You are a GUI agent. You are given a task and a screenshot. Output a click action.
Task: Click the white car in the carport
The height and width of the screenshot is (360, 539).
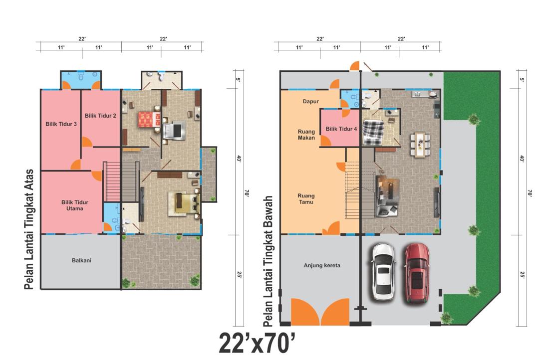click(383, 272)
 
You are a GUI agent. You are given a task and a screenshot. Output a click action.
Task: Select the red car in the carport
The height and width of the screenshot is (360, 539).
click(417, 273)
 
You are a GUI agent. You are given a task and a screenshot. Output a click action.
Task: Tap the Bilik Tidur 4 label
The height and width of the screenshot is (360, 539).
click(341, 129)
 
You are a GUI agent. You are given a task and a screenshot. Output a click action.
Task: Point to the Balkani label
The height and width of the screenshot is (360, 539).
click(81, 260)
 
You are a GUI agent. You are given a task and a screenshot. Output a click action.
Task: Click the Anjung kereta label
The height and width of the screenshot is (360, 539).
click(322, 265)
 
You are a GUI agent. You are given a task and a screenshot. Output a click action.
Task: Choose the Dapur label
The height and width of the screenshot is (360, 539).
click(311, 101)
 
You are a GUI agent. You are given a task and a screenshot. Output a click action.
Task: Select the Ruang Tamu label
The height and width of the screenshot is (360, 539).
click(306, 199)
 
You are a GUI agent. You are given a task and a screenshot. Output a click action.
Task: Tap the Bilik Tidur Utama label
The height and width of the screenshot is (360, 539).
click(74, 205)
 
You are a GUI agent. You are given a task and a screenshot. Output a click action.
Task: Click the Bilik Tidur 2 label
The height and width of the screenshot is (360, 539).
click(100, 116)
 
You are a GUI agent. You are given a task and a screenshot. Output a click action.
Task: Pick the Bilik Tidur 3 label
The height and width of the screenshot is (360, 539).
click(61, 124)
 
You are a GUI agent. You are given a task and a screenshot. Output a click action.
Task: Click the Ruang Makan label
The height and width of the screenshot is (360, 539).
click(306, 135)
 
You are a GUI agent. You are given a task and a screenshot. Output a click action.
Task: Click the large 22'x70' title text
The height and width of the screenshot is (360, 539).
click(257, 343)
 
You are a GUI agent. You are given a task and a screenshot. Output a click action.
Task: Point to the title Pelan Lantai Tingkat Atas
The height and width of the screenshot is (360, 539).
click(29, 229)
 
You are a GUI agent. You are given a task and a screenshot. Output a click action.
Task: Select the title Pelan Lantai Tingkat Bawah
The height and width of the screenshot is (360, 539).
click(268, 261)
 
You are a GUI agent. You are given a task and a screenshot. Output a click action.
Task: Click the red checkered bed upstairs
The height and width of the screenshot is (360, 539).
click(150, 120)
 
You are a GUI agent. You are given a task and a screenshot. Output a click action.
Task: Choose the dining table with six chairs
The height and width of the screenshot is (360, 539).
click(420, 145)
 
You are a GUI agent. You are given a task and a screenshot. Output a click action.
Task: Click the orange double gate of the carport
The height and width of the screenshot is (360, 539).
click(320, 312)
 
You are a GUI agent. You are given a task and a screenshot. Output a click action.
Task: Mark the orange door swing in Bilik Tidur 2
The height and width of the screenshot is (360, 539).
click(86, 142)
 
